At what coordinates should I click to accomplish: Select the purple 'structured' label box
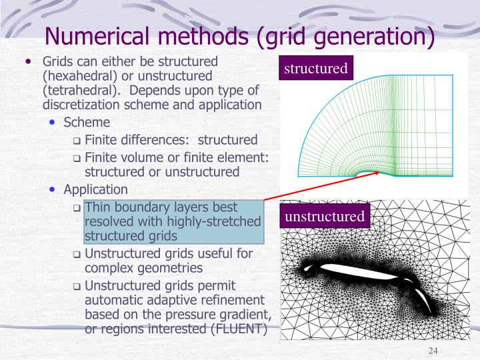(316, 69)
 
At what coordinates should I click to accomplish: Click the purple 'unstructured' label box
(325, 217)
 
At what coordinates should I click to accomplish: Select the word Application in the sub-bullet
(95, 189)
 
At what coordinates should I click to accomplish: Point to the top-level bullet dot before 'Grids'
(28, 61)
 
